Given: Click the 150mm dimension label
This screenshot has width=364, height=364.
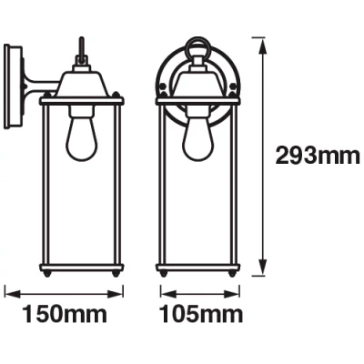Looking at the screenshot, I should point(66,316).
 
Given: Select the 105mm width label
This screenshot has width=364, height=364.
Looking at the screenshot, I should point(202,316).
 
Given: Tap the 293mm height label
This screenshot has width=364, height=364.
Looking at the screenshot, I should point(318,157).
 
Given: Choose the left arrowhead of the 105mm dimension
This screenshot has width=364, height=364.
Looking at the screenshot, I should point(162,293).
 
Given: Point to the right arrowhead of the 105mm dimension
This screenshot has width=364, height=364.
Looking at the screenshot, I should point(236,293).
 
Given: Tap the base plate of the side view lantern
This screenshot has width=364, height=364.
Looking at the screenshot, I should point(81,270).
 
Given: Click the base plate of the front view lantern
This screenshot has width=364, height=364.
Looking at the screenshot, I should point(197,270).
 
